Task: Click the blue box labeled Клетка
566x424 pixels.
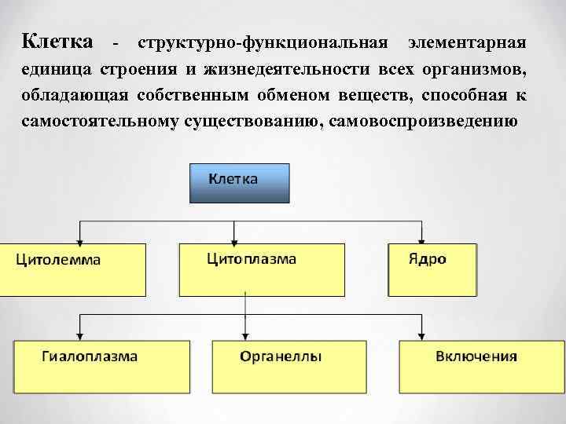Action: pos(239,183)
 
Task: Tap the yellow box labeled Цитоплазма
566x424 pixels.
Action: pos(262,269)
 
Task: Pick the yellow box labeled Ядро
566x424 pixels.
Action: pos(432,269)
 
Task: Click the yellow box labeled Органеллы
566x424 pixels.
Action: pos(281,366)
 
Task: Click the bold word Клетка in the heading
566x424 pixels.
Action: pos(57,40)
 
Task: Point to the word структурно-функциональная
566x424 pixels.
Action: pos(263,41)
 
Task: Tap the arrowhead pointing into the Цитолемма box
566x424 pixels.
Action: pos(79,239)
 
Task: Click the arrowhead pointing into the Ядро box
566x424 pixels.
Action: pos(424,239)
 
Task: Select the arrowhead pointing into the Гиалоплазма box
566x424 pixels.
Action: pos(79,335)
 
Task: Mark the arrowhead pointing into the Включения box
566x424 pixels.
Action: pos(424,335)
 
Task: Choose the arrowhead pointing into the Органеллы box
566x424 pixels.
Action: pos(246,335)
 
